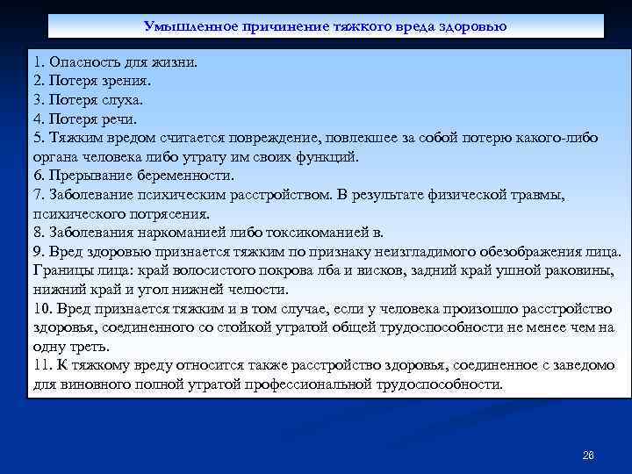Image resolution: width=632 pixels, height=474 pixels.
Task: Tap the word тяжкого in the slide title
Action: (x=363, y=26)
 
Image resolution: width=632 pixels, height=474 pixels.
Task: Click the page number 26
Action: (x=588, y=456)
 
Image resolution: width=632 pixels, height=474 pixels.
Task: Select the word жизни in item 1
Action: (x=176, y=62)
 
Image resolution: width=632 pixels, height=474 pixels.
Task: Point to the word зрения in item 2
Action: (x=126, y=81)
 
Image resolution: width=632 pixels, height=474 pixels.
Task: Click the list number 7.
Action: (x=38, y=195)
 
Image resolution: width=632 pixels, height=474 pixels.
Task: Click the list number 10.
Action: (x=42, y=309)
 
